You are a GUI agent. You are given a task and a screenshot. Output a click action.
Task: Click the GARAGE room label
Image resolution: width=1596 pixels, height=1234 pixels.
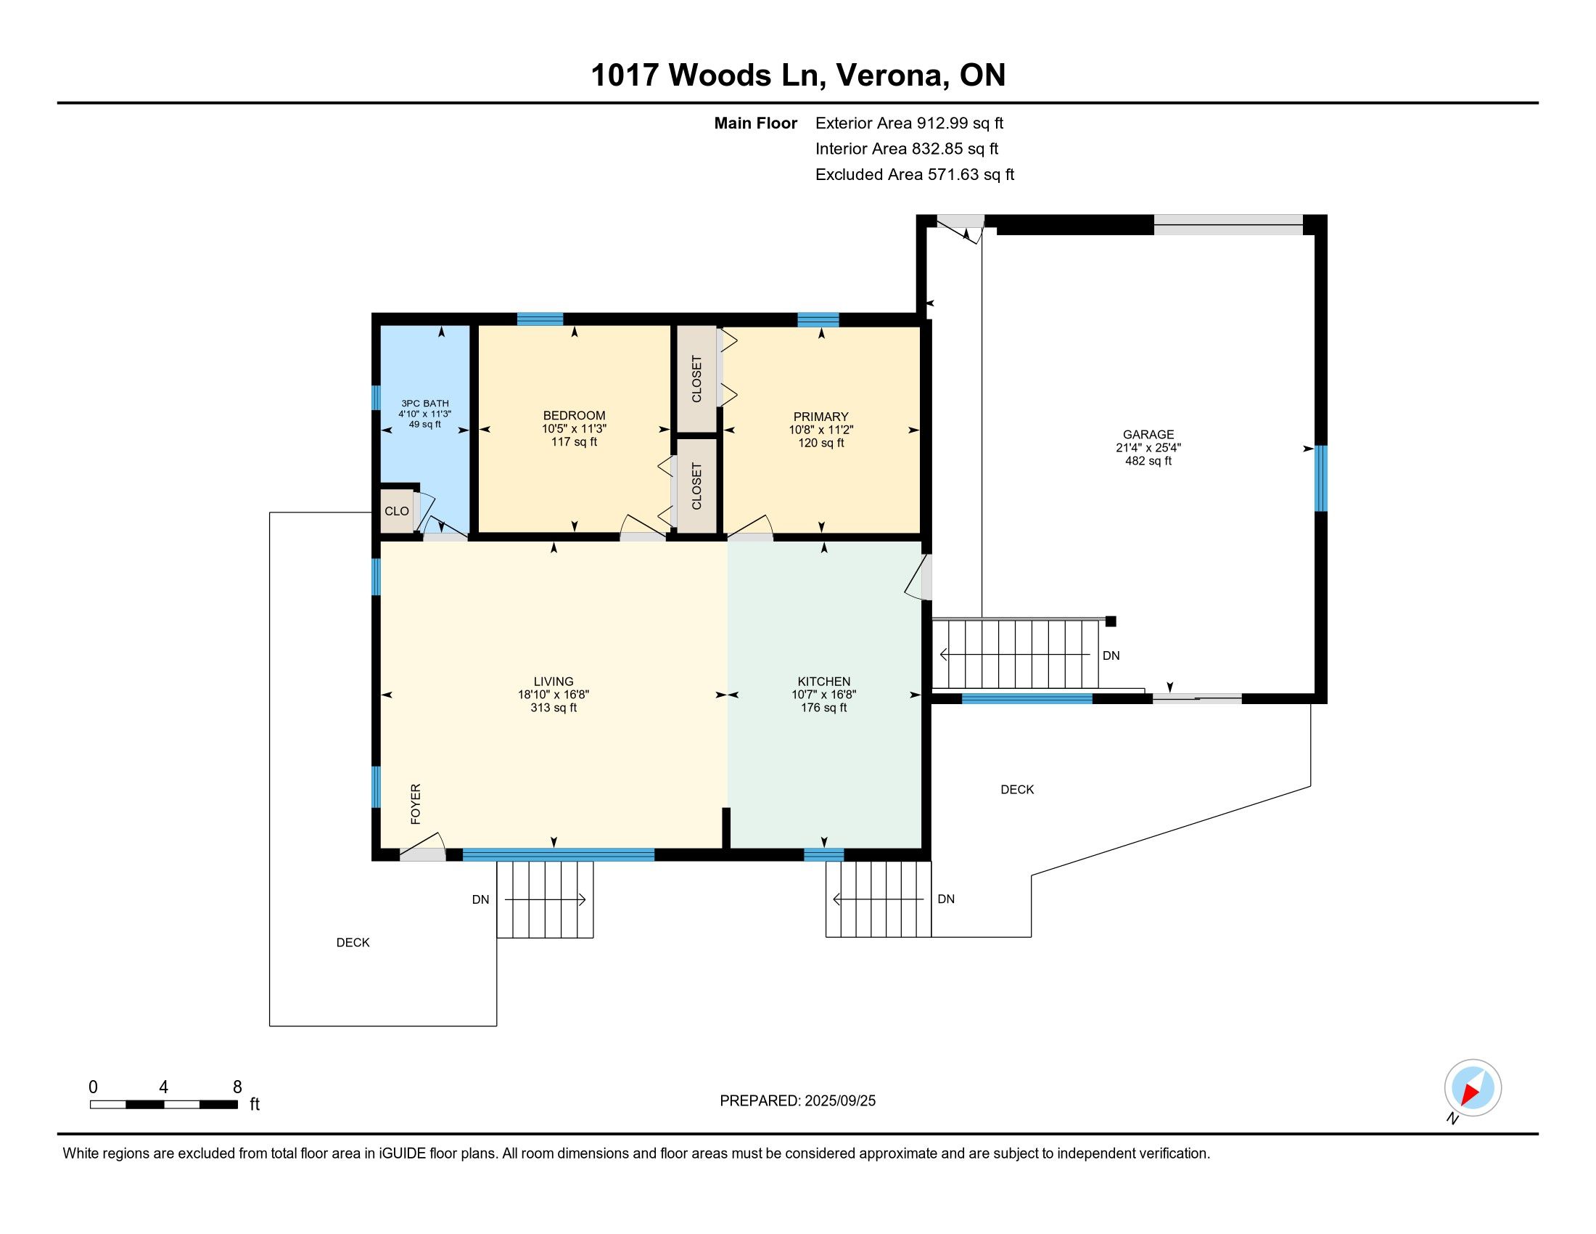[x=1148, y=434]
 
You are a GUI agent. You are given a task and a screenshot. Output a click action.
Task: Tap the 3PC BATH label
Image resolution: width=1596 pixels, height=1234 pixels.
[x=424, y=404]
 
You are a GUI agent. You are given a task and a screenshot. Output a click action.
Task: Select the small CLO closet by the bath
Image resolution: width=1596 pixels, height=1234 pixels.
[x=397, y=511]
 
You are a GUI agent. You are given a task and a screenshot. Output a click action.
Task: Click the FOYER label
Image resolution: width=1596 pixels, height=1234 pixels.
[x=416, y=804]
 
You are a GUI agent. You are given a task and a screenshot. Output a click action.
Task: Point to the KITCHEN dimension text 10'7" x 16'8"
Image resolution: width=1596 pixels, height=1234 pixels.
[x=823, y=695]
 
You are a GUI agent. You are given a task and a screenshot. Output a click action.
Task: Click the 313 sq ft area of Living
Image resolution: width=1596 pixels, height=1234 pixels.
[x=554, y=708]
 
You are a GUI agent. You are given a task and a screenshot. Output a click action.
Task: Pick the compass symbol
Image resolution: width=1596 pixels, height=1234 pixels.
[x=1473, y=1088]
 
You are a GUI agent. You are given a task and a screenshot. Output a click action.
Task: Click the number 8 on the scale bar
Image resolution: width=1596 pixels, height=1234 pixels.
[x=237, y=1087]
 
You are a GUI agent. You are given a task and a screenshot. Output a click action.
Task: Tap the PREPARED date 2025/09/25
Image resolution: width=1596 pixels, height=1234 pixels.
[x=839, y=1101]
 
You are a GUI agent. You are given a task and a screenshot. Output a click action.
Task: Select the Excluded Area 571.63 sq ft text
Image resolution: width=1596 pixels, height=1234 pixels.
[x=914, y=175]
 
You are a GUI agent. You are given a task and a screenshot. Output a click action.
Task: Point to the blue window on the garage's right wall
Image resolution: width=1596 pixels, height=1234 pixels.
[x=1320, y=478]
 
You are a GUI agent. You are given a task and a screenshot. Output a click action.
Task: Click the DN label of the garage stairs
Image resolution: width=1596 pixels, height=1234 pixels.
[x=1111, y=655]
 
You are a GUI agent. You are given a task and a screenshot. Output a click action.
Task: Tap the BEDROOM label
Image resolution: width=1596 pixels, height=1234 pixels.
[x=574, y=415]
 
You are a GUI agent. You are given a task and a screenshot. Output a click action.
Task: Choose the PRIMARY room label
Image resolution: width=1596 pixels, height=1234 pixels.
[x=820, y=417]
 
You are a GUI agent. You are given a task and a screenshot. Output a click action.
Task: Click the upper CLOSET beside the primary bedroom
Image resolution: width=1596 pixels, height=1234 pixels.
[x=696, y=379]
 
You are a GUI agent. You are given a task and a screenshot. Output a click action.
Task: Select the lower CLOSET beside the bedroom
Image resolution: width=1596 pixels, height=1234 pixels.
[x=696, y=486]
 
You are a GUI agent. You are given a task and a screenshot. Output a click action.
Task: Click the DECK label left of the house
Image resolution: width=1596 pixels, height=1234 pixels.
[x=353, y=943]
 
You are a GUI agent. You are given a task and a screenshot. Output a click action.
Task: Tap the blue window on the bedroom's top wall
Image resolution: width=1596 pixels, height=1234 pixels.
[x=540, y=319]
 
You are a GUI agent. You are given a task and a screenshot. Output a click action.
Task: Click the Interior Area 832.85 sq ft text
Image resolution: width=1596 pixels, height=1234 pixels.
[x=907, y=149]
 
